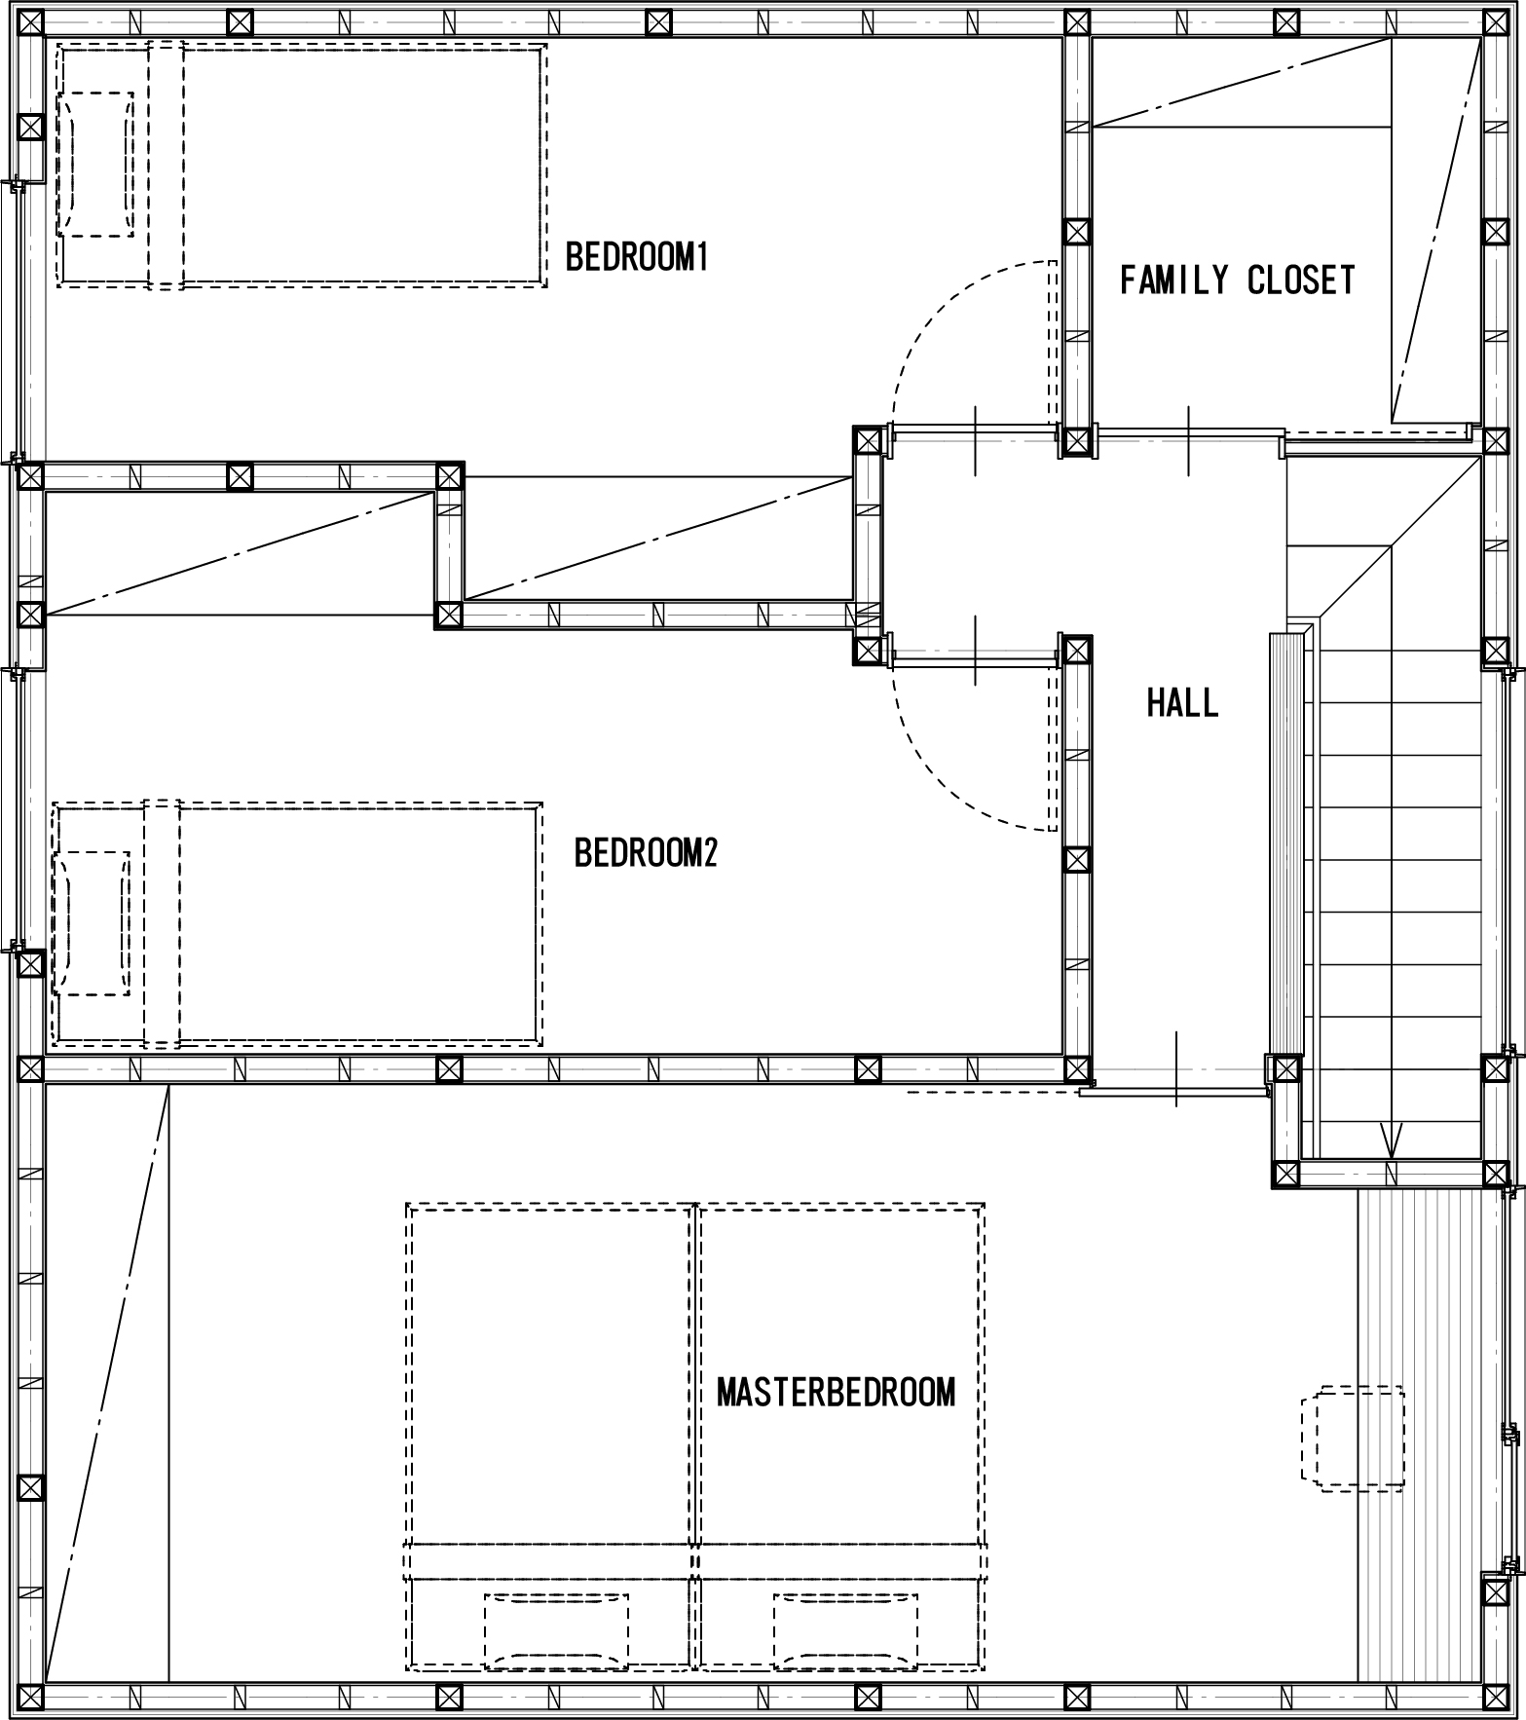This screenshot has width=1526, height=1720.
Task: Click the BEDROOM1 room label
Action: tap(637, 257)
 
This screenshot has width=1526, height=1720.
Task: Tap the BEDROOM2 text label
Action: tap(646, 852)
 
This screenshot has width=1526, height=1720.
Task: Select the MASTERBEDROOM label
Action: tap(836, 1393)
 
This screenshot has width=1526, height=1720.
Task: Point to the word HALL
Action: tap(1182, 702)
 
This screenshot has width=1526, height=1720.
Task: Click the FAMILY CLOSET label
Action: tap(1237, 280)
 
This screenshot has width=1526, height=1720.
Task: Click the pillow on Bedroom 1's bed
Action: tap(95, 164)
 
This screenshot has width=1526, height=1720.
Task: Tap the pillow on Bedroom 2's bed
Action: tap(92, 923)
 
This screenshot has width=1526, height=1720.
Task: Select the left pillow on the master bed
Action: tap(556, 1629)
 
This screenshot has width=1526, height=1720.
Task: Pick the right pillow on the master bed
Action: tap(845, 1629)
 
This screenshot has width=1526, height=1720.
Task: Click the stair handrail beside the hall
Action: tap(1285, 843)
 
